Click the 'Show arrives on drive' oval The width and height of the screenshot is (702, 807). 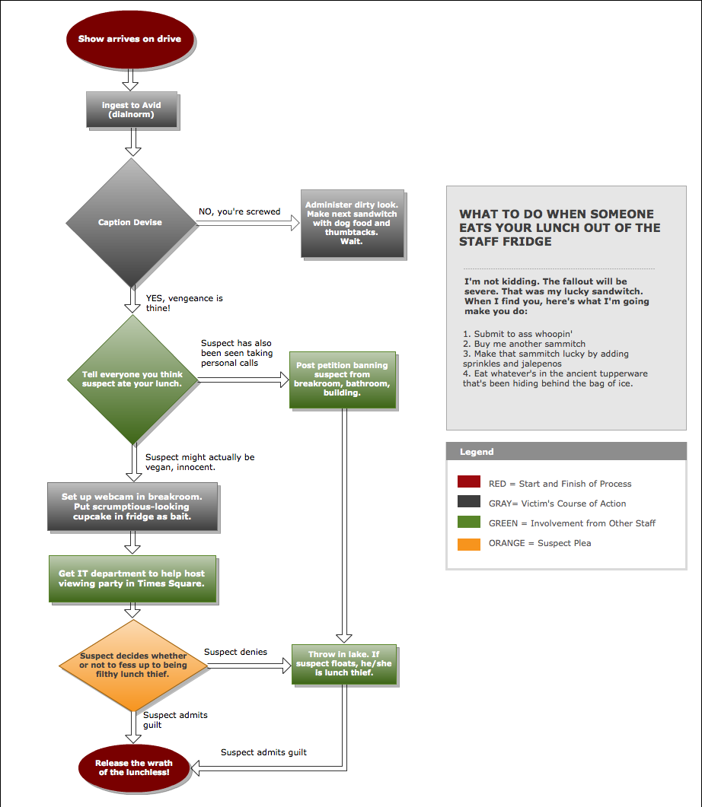129,39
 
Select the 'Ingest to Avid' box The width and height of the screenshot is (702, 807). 131,110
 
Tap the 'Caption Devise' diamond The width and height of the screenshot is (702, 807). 130,222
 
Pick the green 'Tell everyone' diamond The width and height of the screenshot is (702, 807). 132,379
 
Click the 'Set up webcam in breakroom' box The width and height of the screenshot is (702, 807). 132,507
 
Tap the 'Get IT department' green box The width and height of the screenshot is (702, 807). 132,579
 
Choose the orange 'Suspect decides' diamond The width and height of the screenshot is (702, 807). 133,666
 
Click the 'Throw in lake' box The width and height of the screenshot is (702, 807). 344,664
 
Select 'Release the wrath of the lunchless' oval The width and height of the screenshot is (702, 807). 134,767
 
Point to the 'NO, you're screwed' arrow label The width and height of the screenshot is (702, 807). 240,211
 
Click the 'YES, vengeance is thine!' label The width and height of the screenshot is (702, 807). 184,303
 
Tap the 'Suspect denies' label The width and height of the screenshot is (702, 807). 235,652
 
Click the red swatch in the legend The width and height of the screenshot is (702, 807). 469,483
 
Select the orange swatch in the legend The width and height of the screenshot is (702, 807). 469,543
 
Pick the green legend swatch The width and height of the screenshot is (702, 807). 469,523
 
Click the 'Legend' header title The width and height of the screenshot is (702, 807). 477,452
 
